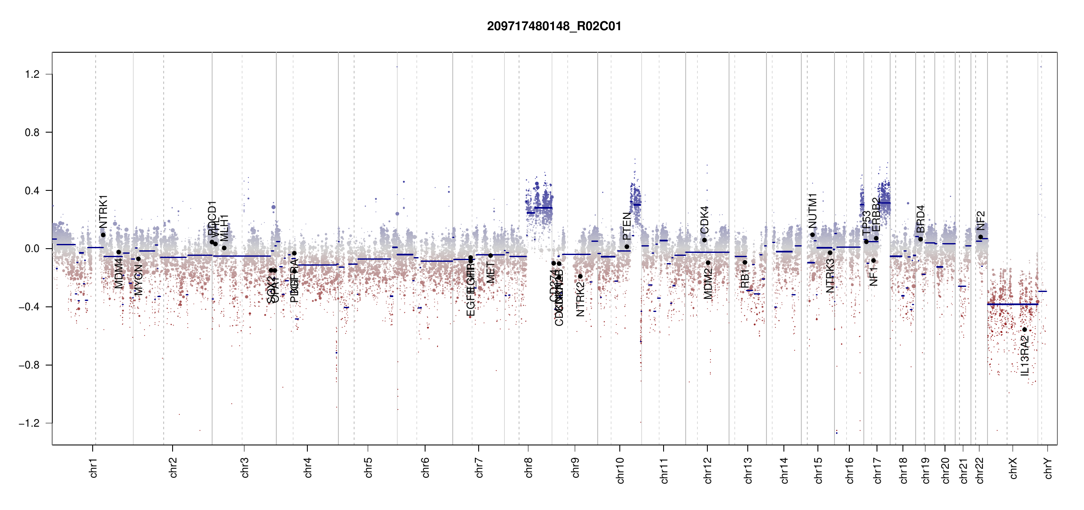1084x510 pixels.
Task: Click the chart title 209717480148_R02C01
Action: [554, 26]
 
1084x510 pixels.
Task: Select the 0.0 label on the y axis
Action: [32, 249]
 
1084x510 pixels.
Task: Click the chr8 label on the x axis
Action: [528, 467]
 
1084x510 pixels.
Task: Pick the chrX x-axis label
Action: [1013, 468]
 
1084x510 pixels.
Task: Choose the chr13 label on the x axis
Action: [748, 470]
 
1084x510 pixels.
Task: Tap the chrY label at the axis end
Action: [1048, 468]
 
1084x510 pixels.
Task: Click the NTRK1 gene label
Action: [103, 211]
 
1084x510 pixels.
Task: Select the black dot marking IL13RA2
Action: [1024, 329]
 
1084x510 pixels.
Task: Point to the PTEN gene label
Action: [627, 226]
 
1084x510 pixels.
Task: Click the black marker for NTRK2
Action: [580, 276]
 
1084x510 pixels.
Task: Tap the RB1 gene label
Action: [744, 278]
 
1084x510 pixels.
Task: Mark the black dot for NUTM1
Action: [812, 235]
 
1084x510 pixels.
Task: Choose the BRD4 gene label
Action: [920, 219]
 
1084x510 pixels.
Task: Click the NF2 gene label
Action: [980, 221]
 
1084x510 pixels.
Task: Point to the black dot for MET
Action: [491, 255]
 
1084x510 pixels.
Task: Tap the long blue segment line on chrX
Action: [1012, 304]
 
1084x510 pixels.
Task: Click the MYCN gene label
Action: [139, 280]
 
